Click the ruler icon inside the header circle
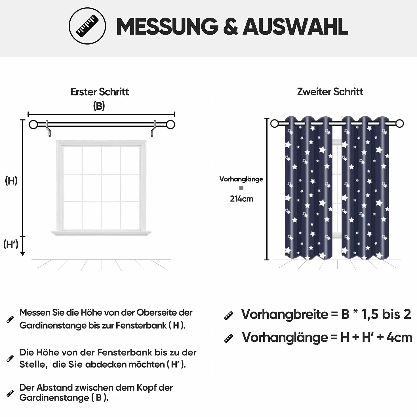click(x=87, y=26)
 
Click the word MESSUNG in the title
click(x=167, y=26)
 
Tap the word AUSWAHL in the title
click(x=295, y=26)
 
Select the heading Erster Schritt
click(x=100, y=92)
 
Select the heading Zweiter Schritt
click(x=330, y=92)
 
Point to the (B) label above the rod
click(x=99, y=106)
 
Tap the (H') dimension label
click(x=11, y=244)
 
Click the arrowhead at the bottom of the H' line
click(x=23, y=254)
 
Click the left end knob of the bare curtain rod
click(x=33, y=125)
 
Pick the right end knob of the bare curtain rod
click(x=170, y=125)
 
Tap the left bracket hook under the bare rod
click(x=48, y=129)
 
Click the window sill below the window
click(x=101, y=233)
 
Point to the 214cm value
click(x=241, y=199)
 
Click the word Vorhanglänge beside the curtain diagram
click(x=241, y=179)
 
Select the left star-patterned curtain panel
click(x=308, y=188)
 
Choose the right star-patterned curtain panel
click(x=365, y=188)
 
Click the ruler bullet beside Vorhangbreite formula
click(x=229, y=316)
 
